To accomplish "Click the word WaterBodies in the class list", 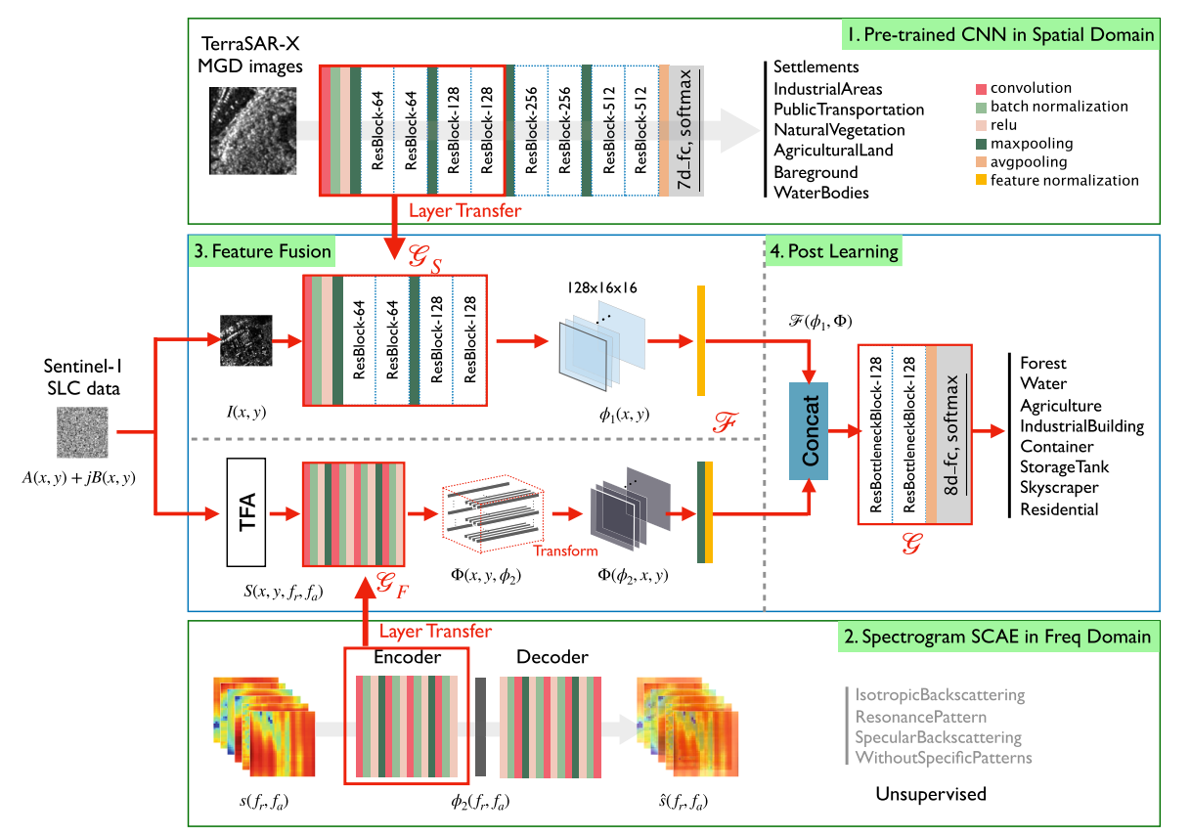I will click(x=820, y=193).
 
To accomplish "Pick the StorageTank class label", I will click(x=1064, y=466).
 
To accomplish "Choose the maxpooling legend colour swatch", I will click(x=981, y=143).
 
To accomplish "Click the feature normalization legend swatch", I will click(x=981, y=180).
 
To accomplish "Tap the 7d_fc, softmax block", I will click(x=686, y=131).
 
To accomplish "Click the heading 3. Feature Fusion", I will click(x=262, y=252).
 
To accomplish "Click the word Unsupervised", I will click(x=931, y=794).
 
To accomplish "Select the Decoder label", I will click(x=551, y=657).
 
